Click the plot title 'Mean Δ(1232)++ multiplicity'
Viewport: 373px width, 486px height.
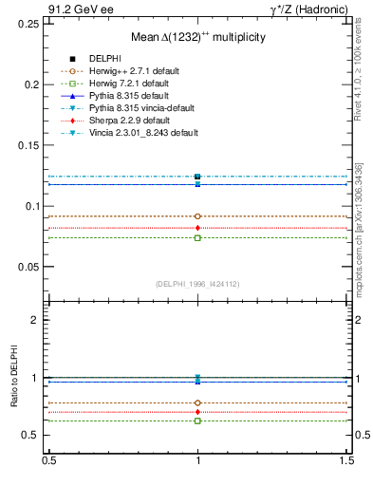click(x=197, y=36)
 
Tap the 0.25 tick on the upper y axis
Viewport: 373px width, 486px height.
click(x=30, y=24)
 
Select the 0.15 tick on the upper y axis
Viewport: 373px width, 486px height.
click(x=30, y=145)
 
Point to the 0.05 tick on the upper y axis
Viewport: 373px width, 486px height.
click(x=30, y=267)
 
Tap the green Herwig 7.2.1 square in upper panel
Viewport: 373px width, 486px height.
click(x=197, y=237)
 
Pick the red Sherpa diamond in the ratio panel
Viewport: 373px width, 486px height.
click(x=197, y=412)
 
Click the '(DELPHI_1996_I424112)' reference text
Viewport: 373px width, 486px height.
click(x=197, y=283)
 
